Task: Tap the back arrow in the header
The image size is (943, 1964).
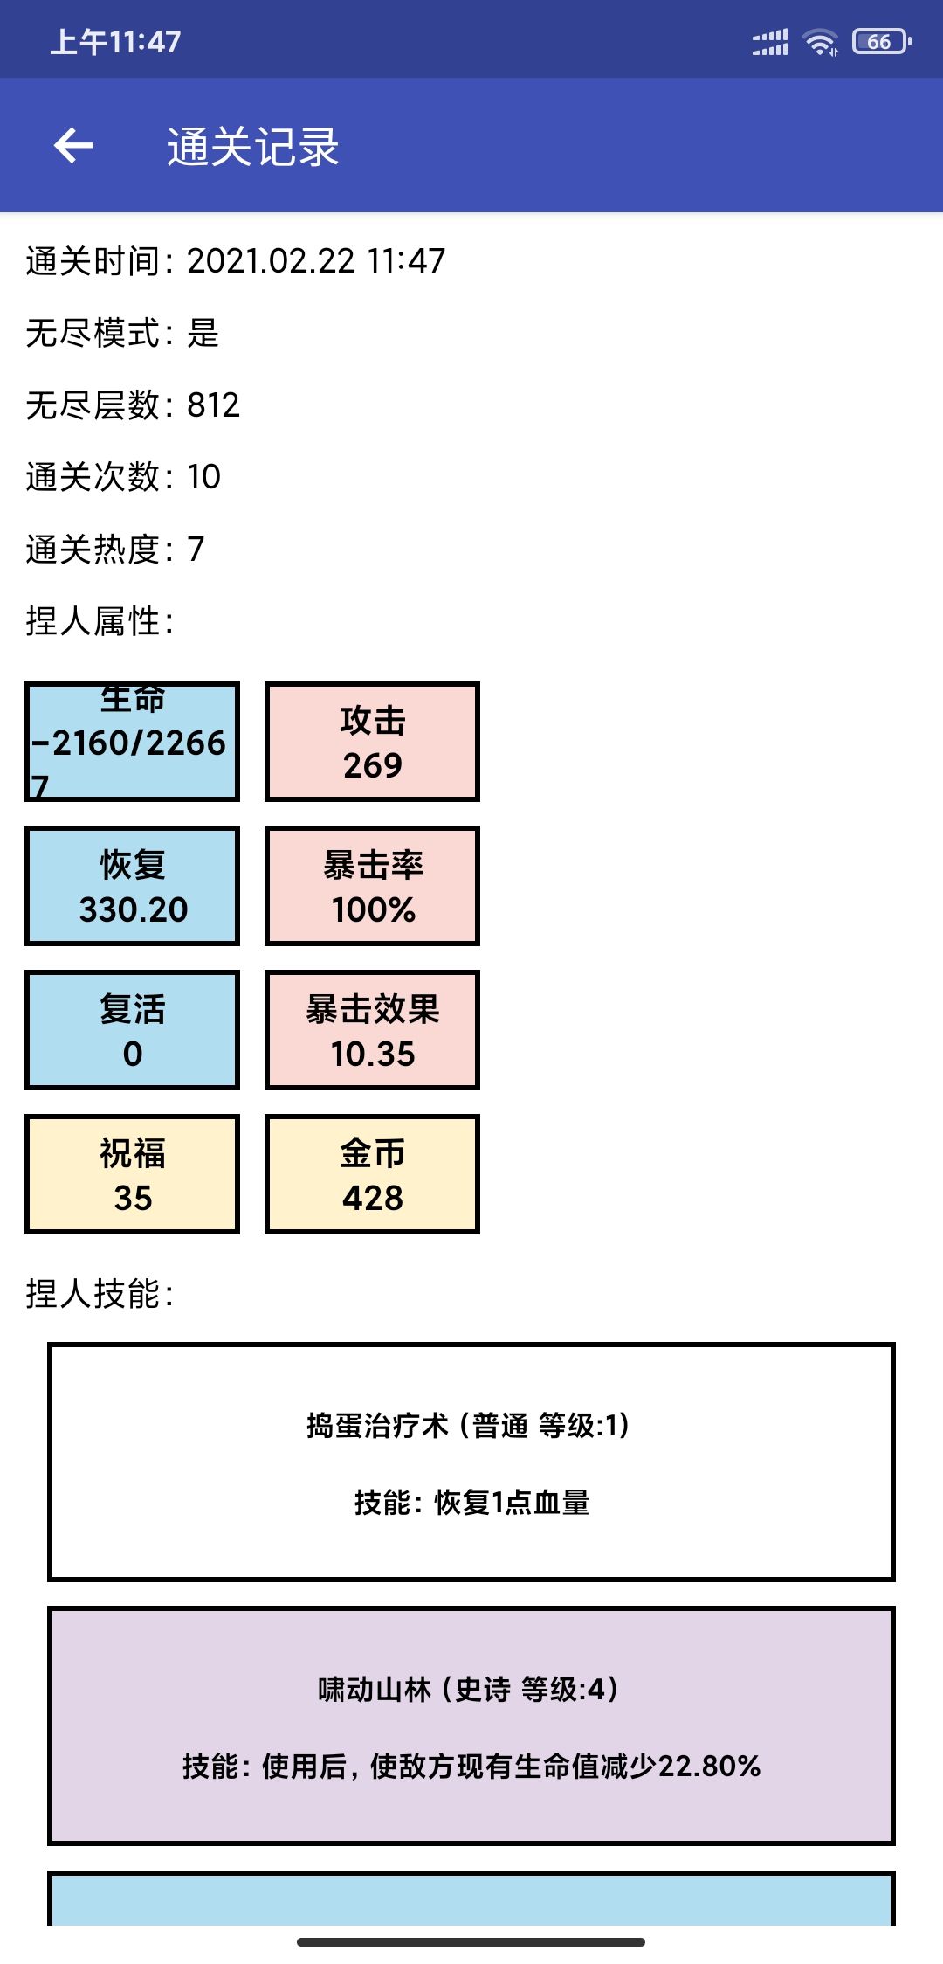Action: coord(73,145)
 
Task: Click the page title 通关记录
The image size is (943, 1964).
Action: coord(253,146)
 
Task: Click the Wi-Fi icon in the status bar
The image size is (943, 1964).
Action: coord(820,41)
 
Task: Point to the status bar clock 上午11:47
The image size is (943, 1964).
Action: coord(115,41)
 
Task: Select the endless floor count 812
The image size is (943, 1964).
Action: coord(213,405)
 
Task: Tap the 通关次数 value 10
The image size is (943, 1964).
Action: coord(204,477)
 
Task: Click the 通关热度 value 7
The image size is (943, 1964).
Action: coord(196,549)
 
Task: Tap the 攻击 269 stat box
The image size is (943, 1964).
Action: coord(373,742)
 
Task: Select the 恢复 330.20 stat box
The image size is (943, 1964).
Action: coord(133,886)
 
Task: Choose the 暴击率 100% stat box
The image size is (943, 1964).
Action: coord(373,886)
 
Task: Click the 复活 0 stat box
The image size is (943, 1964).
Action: coord(133,1030)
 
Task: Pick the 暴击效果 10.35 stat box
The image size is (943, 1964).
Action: coord(373,1030)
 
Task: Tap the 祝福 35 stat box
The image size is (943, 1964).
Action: coord(133,1174)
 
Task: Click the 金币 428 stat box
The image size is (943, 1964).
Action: coord(373,1174)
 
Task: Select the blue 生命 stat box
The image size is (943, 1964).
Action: coord(133,742)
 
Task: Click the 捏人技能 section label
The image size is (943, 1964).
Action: coord(100,1293)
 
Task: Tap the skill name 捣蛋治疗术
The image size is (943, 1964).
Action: coord(377,1425)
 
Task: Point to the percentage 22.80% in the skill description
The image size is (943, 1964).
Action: coord(709,1766)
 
